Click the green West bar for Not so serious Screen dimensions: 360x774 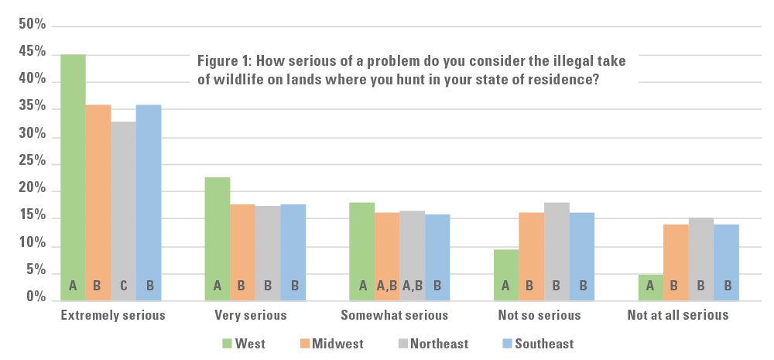coord(506,274)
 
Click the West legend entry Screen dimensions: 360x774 coord(245,343)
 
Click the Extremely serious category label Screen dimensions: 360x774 coord(112,316)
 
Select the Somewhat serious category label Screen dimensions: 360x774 coord(395,316)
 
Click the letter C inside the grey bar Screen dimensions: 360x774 coord(123,286)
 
